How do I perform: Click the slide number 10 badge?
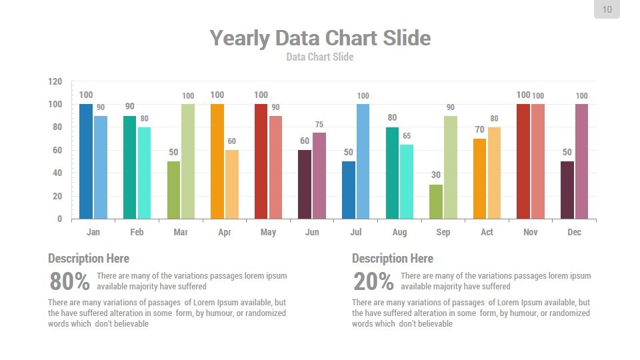point(607,9)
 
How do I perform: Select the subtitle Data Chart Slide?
point(320,57)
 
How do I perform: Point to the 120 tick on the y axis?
point(55,81)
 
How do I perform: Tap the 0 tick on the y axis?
point(59,219)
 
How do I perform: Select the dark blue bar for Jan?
point(86,161)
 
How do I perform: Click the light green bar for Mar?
point(188,161)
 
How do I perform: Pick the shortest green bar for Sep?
point(436,201)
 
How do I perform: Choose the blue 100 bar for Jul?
point(363,161)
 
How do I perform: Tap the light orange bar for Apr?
point(232,184)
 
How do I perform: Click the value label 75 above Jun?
point(319,125)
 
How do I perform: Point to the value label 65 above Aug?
point(407,136)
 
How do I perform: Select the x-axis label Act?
point(487,232)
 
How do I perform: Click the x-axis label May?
point(268,232)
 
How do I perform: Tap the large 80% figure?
point(70,282)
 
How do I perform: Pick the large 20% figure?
point(374,282)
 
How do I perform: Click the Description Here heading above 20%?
point(393,259)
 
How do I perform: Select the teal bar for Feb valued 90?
point(130,167)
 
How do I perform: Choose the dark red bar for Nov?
point(523,161)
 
